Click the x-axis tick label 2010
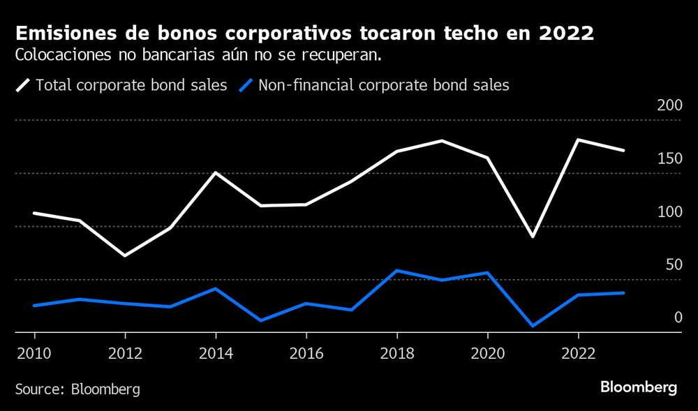pyautogui.click(x=34, y=353)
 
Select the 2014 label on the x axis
pyautogui.click(x=215, y=353)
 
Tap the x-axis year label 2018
pyautogui.click(x=396, y=353)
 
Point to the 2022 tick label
pyautogui.click(x=578, y=353)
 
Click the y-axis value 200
pyautogui.click(x=669, y=105)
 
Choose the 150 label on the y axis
pyautogui.click(x=669, y=158)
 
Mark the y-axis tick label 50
pyautogui.click(x=673, y=264)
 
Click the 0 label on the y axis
pyautogui.click(x=677, y=317)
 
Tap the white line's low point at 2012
pyautogui.click(x=124, y=255)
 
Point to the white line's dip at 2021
pyautogui.click(x=533, y=237)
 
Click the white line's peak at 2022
pyautogui.click(x=578, y=140)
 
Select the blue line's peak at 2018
pyautogui.click(x=396, y=271)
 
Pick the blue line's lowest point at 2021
pyautogui.click(x=533, y=326)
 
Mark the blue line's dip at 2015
pyautogui.click(x=260, y=320)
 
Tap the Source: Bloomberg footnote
pyautogui.click(x=77, y=389)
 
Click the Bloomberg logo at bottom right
pyautogui.click(x=639, y=388)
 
